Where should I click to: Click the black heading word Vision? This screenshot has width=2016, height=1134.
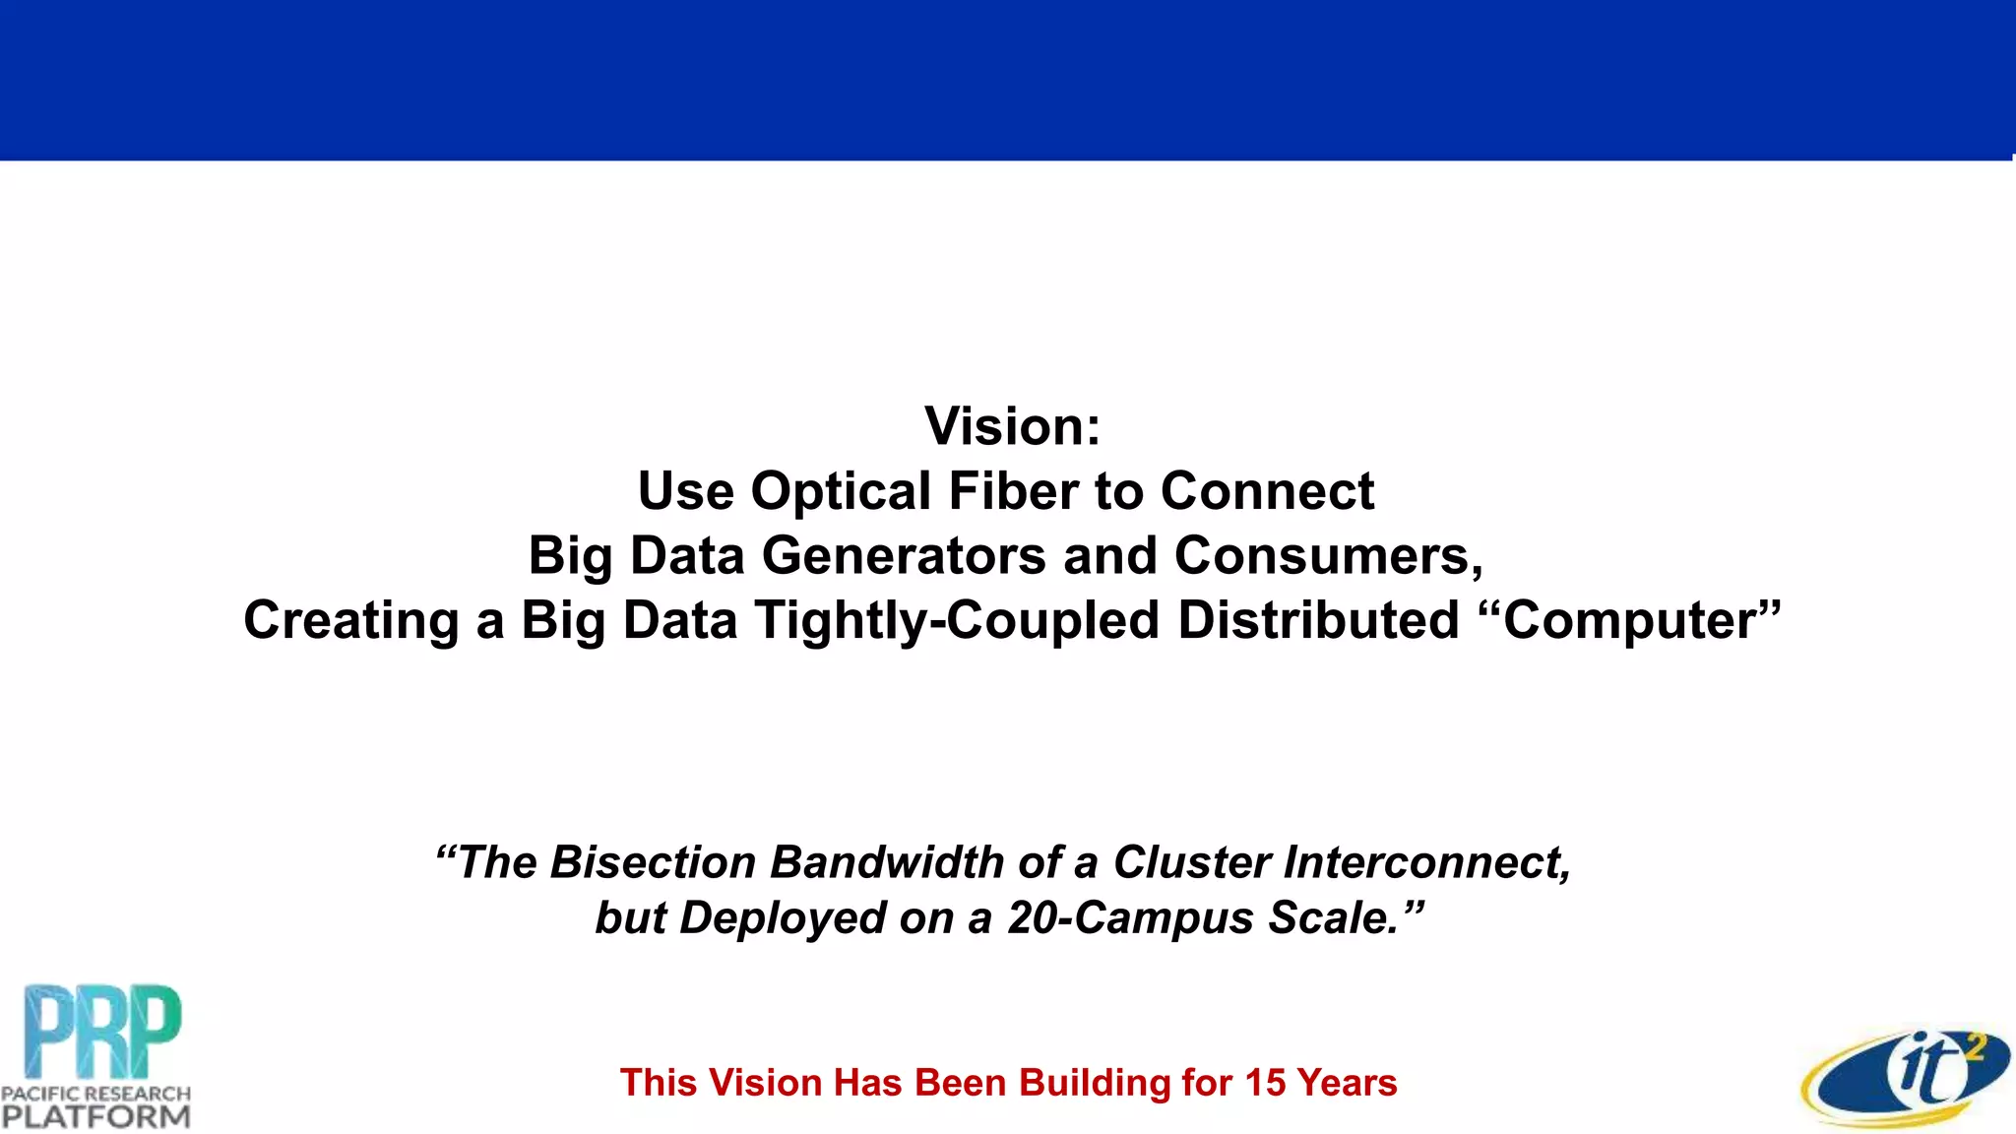[1012, 427]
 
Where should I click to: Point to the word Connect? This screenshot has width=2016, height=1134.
[1267, 491]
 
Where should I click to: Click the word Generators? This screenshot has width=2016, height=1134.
[904, 556]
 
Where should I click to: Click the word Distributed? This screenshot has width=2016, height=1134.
[1318, 621]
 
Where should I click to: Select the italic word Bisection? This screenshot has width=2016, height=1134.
[652, 862]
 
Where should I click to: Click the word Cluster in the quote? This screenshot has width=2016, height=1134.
[1191, 862]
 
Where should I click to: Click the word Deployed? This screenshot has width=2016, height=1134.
[784, 918]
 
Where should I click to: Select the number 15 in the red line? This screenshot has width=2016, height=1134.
[1264, 1083]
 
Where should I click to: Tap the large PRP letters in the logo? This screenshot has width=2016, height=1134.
[102, 1031]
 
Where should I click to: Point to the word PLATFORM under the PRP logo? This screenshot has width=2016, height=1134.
[95, 1117]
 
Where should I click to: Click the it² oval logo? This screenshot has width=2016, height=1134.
[1906, 1077]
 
